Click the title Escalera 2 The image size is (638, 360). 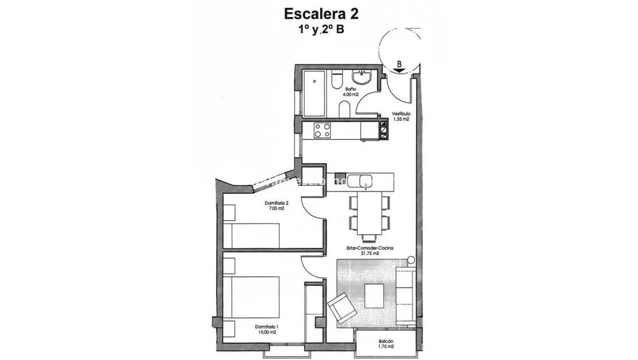[x=318, y=13]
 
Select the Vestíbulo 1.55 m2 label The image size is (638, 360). [x=401, y=116]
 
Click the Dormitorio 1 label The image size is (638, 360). [x=266, y=328]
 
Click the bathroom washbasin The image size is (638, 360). [x=364, y=77]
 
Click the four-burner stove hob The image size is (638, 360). [x=322, y=131]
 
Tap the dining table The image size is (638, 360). [x=368, y=214]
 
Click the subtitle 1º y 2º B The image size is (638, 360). [x=318, y=31]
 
